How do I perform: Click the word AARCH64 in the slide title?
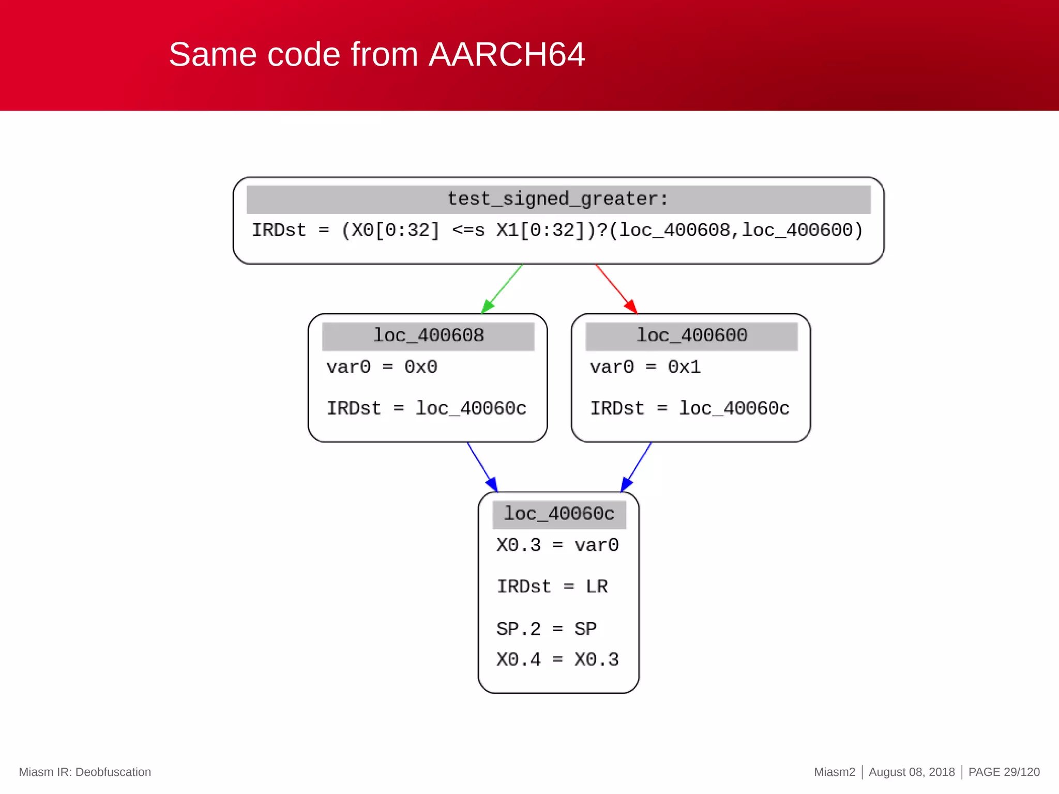(506, 54)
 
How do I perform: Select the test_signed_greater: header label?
(558, 199)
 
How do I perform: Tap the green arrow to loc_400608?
(502, 289)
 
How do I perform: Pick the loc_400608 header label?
(428, 336)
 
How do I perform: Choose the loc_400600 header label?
(691, 336)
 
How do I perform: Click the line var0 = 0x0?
(382, 367)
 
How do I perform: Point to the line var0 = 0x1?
(645, 367)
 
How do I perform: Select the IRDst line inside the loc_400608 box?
(426, 409)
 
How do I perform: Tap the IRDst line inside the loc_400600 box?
(690, 409)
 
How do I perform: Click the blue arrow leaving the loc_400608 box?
(482, 467)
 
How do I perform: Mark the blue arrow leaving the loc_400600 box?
(637, 467)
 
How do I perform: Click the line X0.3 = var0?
(557, 545)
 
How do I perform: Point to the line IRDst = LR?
(552, 587)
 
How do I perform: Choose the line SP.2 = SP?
(546, 629)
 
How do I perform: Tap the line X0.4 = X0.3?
(557, 660)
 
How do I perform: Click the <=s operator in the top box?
(468, 231)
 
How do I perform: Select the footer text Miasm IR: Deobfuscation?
(85, 772)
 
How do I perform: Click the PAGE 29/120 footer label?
(1003, 772)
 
